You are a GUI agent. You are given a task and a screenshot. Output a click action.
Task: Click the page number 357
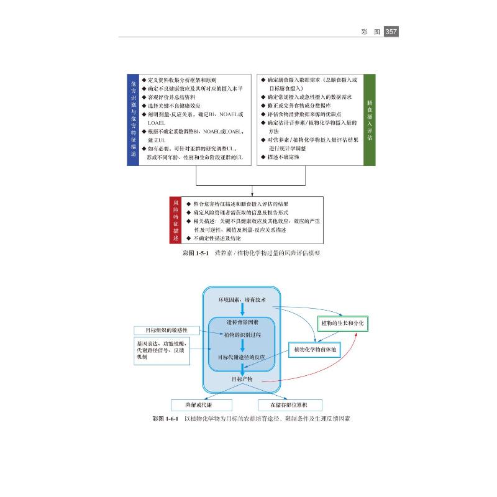coord(391,31)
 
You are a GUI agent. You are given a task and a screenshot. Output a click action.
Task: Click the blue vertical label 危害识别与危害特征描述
coord(132,120)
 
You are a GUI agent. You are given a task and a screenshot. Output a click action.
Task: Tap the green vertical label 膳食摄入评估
coord(369,120)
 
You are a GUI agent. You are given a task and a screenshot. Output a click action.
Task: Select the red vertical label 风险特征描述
coord(175,220)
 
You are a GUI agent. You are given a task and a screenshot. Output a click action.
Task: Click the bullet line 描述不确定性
coord(285,158)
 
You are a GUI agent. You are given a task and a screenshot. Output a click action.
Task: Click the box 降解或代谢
coord(201,404)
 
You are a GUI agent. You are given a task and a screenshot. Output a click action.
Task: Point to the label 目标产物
coord(242,378)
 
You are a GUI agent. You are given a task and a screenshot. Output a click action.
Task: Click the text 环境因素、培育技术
coord(242,300)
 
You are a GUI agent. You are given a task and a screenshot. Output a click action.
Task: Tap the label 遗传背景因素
coord(242,322)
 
